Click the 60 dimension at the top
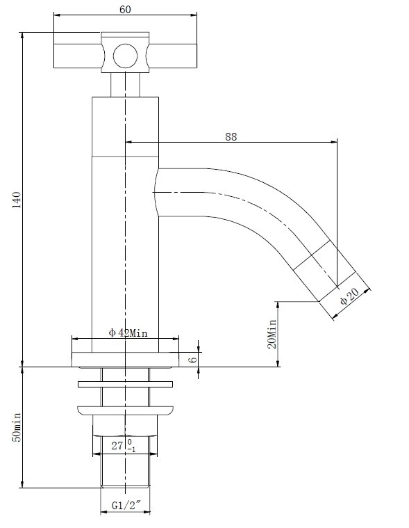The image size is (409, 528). pyautogui.click(x=125, y=10)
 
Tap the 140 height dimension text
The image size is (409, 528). pyautogui.click(x=17, y=200)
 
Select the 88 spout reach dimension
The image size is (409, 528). pyautogui.click(x=231, y=137)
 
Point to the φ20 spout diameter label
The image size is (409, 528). pyautogui.click(x=349, y=296)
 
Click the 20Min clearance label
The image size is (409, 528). pyautogui.click(x=272, y=334)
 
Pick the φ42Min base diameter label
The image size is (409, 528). pyautogui.click(x=128, y=333)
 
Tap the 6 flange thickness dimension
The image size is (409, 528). pyautogui.click(x=192, y=359)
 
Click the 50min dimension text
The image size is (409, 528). pyautogui.click(x=17, y=427)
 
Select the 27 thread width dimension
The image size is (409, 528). pyautogui.click(x=117, y=445)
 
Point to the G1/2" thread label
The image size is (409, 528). pyautogui.click(x=126, y=505)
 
